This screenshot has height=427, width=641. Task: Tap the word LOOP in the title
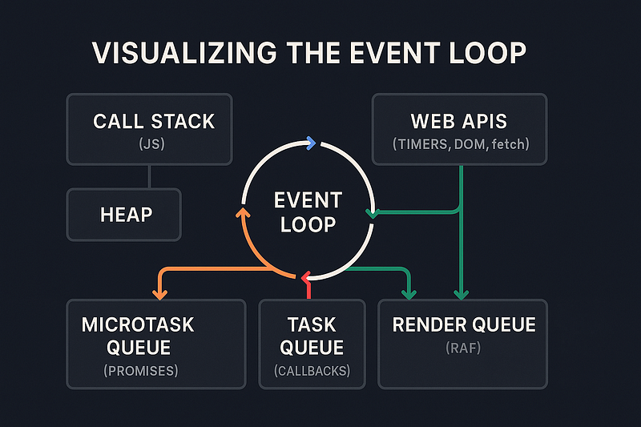click(x=482, y=54)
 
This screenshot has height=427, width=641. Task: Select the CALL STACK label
click(x=154, y=121)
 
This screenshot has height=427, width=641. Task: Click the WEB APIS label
click(x=460, y=121)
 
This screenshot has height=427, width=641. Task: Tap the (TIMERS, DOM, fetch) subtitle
click(x=460, y=145)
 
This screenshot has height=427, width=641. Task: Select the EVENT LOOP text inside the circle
click(x=308, y=211)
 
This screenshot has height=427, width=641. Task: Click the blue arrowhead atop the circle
click(x=312, y=143)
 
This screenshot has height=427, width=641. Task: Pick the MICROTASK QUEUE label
click(x=138, y=336)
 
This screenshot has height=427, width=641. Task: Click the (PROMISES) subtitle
click(x=141, y=371)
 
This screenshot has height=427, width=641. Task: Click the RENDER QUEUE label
click(x=463, y=324)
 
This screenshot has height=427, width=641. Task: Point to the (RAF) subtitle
click(x=463, y=349)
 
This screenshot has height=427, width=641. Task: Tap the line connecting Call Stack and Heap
click(x=149, y=177)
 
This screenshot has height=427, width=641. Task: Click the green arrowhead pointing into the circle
click(x=370, y=213)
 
